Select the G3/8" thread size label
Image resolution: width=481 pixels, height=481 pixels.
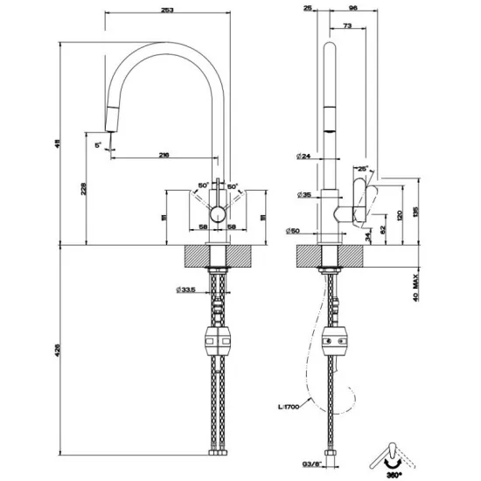click(x=302, y=464)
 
